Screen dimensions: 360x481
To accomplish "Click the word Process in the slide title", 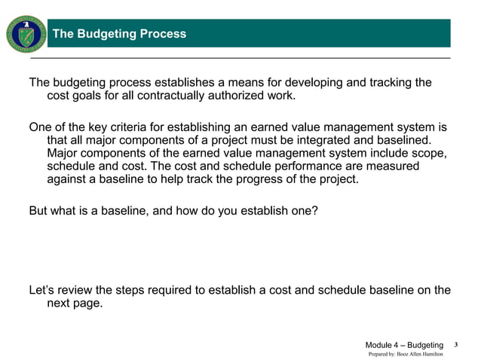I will pyautogui.click(x=159, y=34).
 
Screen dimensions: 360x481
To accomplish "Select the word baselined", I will pyautogui.click(x=403, y=141).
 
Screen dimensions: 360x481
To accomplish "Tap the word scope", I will pyautogui.click(x=430, y=155).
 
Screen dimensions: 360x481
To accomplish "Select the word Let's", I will pyautogui.click(x=42, y=290).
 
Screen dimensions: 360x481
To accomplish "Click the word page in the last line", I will pyautogui.click(x=87, y=304).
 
